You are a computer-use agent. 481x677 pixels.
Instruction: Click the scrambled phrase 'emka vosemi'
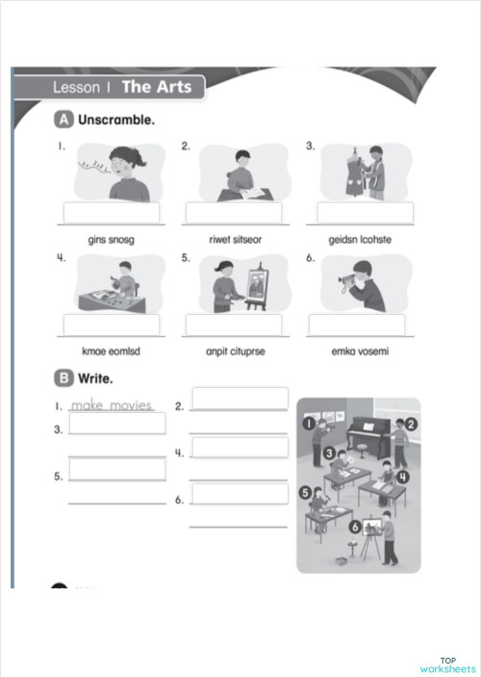pyautogui.click(x=361, y=352)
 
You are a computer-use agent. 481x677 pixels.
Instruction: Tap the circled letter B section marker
pyautogui.click(x=64, y=378)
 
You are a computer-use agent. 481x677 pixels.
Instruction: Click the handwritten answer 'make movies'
pyautogui.click(x=112, y=405)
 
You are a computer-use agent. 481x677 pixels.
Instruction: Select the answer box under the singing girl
pyautogui.click(x=111, y=213)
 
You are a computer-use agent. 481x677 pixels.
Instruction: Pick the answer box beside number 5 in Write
pyautogui.click(x=116, y=469)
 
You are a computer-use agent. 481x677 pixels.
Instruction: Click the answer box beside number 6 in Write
pyautogui.click(x=240, y=493)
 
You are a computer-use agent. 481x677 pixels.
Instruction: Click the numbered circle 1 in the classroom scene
pyautogui.click(x=310, y=422)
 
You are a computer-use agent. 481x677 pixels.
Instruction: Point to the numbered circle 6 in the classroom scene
pyautogui.click(x=355, y=526)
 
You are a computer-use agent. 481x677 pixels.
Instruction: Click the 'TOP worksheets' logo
pyautogui.click(x=446, y=665)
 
